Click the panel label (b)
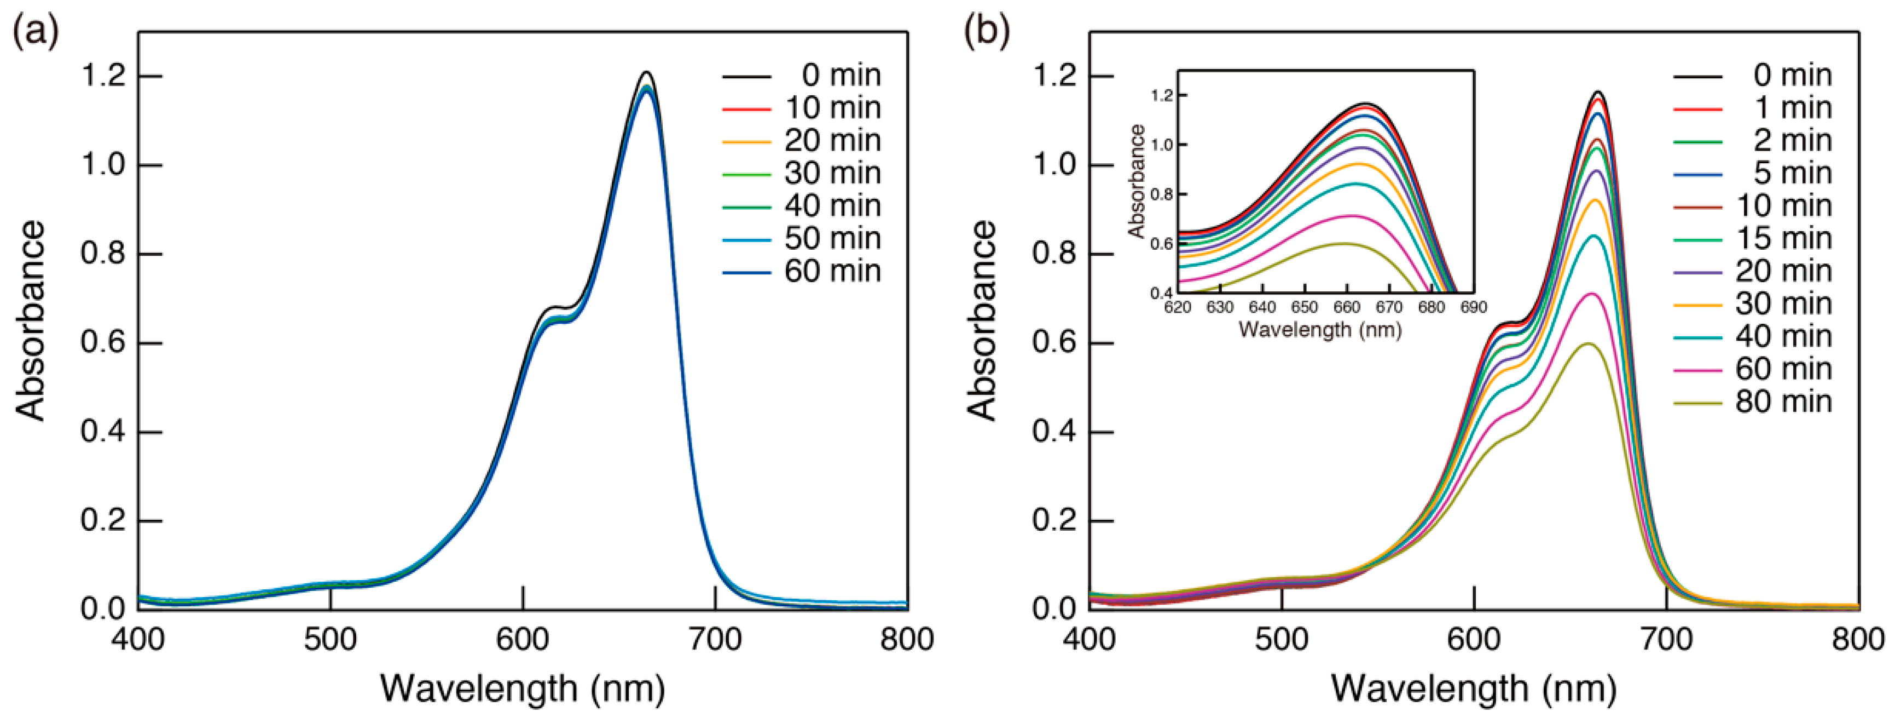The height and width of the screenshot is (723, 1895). pyautogui.click(x=987, y=32)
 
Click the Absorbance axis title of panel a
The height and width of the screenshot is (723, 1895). pyautogui.click(x=31, y=320)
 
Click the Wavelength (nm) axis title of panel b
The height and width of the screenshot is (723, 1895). pyautogui.click(x=1474, y=689)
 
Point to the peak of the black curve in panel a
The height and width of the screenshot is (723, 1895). pyautogui.click(x=647, y=72)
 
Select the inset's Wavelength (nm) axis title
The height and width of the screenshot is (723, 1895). pyautogui.click(x=1320, y=329)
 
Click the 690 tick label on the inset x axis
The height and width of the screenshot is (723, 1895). pyautogui.click(x=1474, y=307)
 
